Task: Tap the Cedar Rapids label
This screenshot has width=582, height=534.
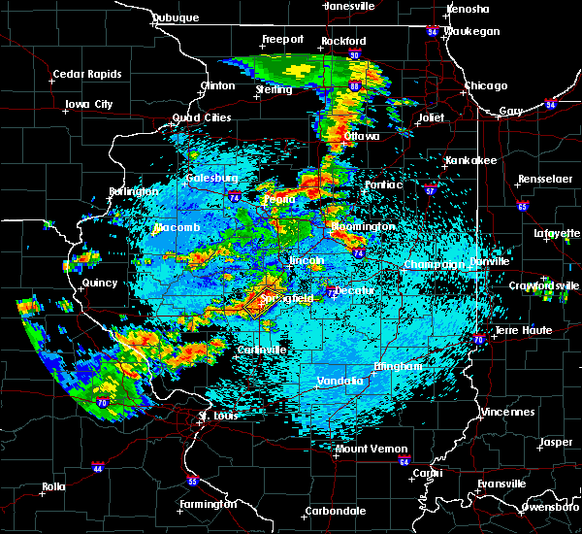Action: pos(87,74)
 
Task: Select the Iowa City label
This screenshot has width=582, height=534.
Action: pos(89,104)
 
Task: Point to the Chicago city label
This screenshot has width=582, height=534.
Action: pos(485,85)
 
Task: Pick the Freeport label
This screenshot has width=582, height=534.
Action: pos(282,40)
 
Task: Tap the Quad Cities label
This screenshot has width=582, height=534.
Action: pos(202,117)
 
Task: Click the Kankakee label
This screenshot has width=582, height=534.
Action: pos(470,160)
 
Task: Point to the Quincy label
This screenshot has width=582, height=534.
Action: pos(100,284)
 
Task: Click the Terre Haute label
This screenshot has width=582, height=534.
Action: pos(524,330)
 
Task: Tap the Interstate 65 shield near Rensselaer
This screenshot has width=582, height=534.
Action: pos(523,207)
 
